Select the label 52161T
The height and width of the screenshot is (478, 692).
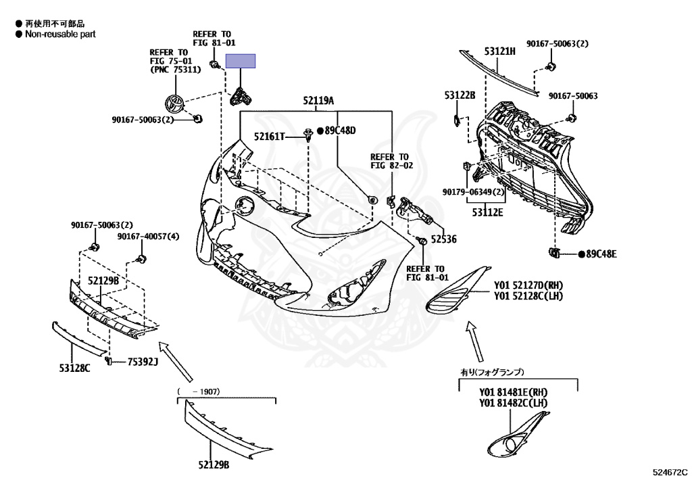[270, 137]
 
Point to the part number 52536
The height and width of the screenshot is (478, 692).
[443, 239]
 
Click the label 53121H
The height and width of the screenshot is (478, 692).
[499, 51]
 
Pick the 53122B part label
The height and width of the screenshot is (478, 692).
[460, 95]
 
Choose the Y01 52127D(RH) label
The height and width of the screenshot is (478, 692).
[527, 285]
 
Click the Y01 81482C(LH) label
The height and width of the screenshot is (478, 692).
[514, 403]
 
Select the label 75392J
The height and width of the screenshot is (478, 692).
[143, 362]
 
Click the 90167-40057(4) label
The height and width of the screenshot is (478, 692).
[148, 237]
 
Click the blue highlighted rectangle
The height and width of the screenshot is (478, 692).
[241, 62]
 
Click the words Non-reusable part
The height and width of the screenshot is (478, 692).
[60, 34]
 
